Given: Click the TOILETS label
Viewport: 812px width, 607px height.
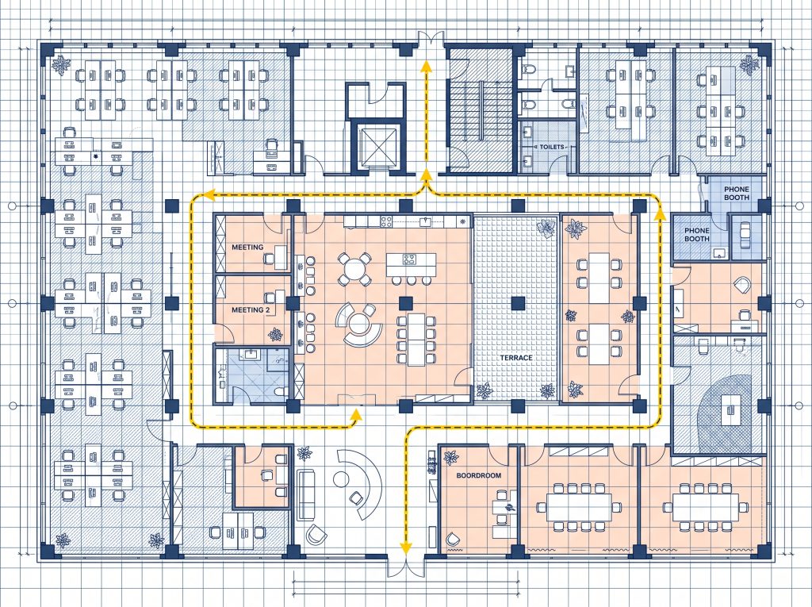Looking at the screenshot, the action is pos(552,147).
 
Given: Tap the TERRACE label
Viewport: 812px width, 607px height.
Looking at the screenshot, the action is pos(515,358).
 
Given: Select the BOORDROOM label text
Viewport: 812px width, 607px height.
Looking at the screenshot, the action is pos(478,475).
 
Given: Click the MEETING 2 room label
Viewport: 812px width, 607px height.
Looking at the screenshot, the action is pos(251,310).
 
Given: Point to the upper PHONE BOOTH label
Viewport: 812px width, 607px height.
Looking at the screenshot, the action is pos(737,194).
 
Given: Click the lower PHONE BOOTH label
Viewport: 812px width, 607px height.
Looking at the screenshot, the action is pos(697,234).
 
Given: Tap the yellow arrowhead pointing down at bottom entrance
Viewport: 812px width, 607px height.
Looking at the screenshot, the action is pos(406,547).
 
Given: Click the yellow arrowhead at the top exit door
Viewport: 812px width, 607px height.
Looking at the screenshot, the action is pos(426,66).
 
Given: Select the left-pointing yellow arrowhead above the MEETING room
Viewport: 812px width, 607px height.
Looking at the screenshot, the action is pos(209,195).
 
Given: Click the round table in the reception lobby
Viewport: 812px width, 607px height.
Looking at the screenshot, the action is pos(341,478).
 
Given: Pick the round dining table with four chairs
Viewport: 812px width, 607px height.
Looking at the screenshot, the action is pos(354,269).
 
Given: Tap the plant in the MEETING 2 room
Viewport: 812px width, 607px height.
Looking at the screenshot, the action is pos(275,335).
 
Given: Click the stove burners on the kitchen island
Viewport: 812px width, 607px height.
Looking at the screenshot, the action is pos(408,259).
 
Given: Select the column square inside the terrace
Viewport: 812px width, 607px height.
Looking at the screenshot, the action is pos(518,303).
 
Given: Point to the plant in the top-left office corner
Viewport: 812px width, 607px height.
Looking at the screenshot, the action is pos(62,65).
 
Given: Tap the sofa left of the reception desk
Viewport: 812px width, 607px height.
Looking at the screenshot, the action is pos(306,494).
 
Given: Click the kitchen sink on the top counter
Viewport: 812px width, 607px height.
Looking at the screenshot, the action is pos(426,222).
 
